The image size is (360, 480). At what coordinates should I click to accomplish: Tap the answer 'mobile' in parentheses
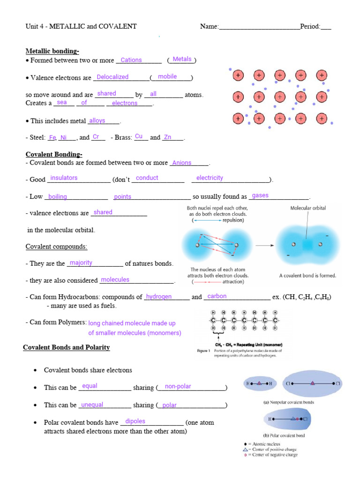[167, 76]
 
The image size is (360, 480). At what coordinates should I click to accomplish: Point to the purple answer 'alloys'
[97, 121]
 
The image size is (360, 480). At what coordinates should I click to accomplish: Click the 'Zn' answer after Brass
[168, 137]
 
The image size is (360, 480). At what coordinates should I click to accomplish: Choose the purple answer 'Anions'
[182, 163]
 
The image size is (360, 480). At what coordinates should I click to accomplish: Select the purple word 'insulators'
[64, 178]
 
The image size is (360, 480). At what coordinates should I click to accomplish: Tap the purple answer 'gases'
[260, 195]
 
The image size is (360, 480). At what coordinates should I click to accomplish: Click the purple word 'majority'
[81, 263]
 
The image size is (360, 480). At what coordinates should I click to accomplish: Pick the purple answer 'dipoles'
[135, 421]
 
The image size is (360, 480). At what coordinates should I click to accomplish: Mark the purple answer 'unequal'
[92, 405]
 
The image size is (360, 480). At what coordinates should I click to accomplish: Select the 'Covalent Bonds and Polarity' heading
[67, 347]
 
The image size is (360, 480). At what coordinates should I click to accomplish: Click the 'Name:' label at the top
[209, 27]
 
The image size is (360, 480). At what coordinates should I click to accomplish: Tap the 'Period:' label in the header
[310, 27]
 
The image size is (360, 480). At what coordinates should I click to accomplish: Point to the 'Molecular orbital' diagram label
[308, 208]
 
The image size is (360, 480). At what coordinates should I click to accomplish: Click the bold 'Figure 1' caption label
[202, 351]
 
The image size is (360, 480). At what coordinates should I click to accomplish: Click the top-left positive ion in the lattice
[238, 75]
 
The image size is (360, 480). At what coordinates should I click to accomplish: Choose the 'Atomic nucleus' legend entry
[267, 443]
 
